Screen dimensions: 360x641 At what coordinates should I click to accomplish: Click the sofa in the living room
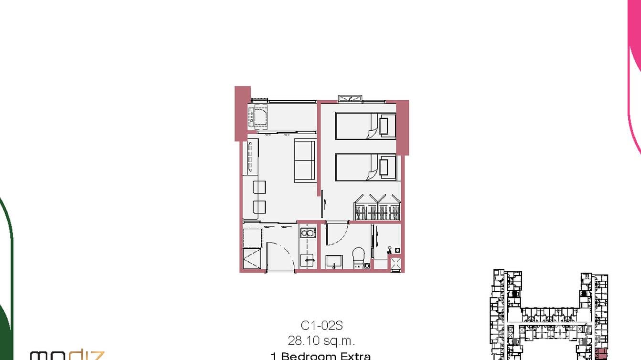tap(304, 160)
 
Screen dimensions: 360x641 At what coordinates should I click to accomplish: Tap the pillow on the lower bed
tap(385, 167)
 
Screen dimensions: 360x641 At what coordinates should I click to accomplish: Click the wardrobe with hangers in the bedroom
tap(377, 208)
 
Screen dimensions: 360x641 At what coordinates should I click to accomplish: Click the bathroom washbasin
tap(334, 262)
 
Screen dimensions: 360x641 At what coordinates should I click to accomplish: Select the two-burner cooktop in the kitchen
tap(307, 233)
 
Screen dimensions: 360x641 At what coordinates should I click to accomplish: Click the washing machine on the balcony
tap(258, 116)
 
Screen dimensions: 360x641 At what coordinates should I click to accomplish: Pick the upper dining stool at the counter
tap(259, 187)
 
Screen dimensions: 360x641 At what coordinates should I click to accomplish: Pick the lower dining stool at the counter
tap(259, 207)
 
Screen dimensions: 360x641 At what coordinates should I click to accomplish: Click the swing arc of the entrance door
tap(278, 255)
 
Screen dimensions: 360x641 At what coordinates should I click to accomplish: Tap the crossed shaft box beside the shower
tap(396, 264)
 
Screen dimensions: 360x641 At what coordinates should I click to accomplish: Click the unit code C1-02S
tap(321, 326)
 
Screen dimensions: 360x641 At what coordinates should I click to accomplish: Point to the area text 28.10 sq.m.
tap(321, 341)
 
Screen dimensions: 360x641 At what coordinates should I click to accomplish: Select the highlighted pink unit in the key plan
tap(600, 355)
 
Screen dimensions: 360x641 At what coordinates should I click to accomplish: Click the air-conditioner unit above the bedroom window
tap(350, 99)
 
